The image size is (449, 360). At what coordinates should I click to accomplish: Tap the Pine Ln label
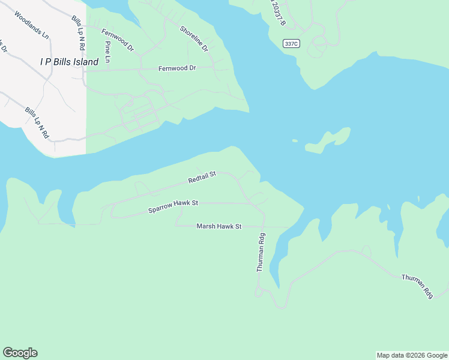point(108,52)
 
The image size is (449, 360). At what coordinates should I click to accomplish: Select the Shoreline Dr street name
point(193,38)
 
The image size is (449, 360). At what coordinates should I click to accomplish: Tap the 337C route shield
point(291,43)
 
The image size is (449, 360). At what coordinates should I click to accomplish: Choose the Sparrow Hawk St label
point(173,207)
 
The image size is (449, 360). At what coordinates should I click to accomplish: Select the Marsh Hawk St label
point(218,226)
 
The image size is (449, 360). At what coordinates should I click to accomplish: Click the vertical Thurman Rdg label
point(261,253)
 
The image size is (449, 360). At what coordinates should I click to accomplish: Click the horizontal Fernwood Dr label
point(177,68)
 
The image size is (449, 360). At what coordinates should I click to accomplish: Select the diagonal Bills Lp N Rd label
point(37,123)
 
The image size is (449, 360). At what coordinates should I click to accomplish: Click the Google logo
point(20,353)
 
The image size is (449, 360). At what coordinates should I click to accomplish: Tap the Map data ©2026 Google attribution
point(412,355)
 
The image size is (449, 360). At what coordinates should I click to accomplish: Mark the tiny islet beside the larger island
point(295,141)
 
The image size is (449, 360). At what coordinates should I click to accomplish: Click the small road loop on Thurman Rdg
point(258,292)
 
